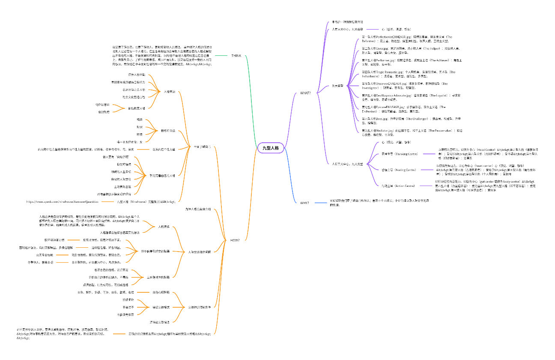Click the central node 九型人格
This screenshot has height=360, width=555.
coord(270,148)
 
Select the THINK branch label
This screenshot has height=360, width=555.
coord(236,56)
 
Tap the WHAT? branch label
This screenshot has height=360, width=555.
coord(305,93)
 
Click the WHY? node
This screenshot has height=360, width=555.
coord(305,202)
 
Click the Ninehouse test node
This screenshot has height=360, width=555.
coord(146,201)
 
